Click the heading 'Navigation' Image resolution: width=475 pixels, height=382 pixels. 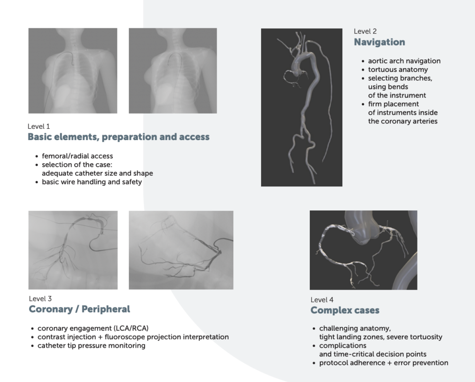coord(379,42)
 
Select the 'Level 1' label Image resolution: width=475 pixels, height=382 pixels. coord(39,126)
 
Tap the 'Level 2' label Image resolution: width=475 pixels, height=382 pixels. coord(365,31)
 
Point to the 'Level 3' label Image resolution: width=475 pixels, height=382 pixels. coord(40,299)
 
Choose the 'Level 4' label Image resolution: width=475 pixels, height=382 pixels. coord(322,299)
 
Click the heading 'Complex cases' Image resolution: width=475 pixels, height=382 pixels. coord(345,310)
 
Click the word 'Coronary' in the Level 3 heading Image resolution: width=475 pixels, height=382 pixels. coord(51,309)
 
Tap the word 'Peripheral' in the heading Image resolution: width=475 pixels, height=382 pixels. coord(106,309)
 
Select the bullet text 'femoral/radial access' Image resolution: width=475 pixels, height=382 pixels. coord(77,156)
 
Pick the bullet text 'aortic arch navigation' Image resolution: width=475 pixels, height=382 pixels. coord(404,61)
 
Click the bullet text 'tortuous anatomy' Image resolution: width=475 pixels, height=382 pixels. coord(398,70)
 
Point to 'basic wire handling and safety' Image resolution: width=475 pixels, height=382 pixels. coord(92,182)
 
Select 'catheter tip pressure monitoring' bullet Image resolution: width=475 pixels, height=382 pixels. coord(91,346)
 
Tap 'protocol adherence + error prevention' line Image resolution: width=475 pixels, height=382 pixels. coord(384,363)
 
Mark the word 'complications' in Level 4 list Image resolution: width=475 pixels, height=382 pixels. coord(343,346)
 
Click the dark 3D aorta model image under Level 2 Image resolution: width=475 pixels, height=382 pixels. coord(302,108)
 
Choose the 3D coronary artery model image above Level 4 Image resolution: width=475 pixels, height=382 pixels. coord(364,250)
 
